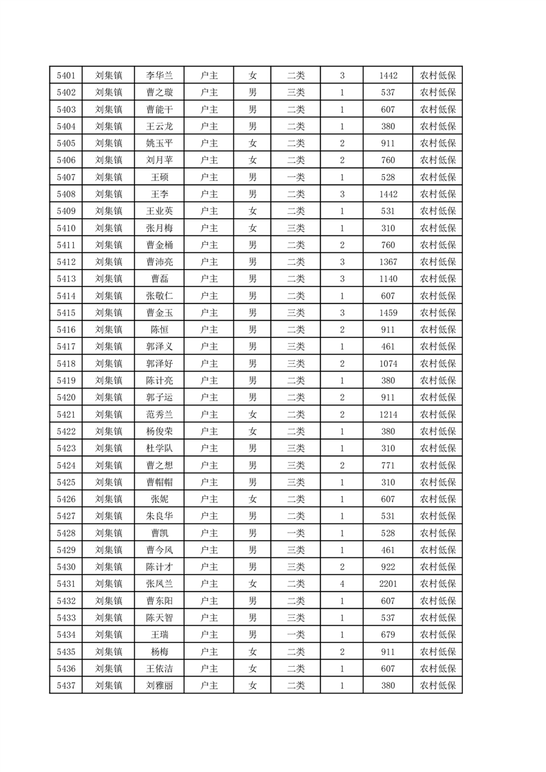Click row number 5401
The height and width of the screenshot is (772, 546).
click(66, 76)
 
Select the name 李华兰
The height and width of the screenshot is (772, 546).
click(159, 76)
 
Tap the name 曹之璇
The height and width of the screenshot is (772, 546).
click(159, 93)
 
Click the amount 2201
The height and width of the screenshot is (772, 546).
click(388, 583)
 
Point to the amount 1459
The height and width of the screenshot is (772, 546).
click(388, 313)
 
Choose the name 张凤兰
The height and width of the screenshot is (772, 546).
click(159, 583)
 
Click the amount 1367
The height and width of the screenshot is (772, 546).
click(388, 262)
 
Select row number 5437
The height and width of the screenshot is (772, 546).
click(66, 685)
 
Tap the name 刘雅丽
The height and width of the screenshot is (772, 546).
click(159, 685)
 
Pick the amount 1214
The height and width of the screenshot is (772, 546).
click(388, 414)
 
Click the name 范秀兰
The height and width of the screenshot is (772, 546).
click(159, 414)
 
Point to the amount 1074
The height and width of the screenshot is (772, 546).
click(388, 363)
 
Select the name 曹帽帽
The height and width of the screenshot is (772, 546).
click(159, 482)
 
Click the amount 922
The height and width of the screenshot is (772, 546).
click(388, 567)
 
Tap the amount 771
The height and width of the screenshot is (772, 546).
click(388, 465)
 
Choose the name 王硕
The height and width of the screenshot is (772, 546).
click(159, 178)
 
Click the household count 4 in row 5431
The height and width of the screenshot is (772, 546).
click(342, 583)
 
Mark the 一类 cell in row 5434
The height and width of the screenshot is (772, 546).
click(295, 634)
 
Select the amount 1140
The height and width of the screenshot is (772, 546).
click(388, 279)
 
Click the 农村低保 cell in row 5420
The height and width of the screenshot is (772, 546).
click(438, 397)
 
